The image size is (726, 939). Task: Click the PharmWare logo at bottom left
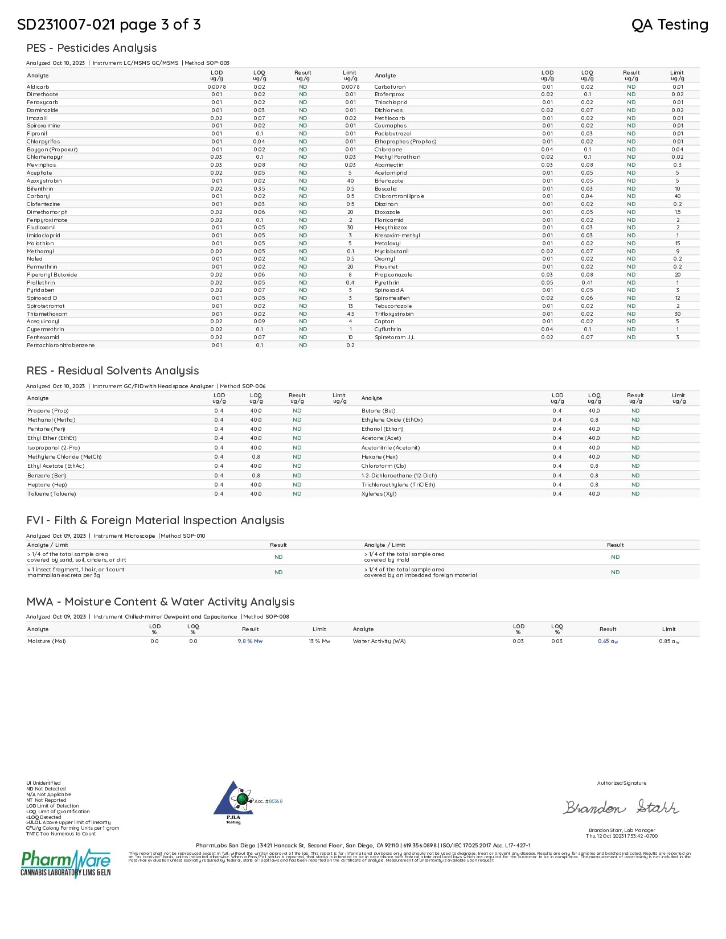coord(65,863)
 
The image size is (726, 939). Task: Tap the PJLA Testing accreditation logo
coord(233,801)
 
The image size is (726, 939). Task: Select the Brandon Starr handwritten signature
coord(621,808)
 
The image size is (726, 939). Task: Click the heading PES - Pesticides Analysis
coord(91,48)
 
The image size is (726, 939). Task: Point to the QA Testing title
coord(670,24)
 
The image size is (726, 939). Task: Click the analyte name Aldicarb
coord(38,87)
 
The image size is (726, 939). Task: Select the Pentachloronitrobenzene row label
coord(60,345)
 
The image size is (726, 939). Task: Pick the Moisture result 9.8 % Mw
coord(250,641)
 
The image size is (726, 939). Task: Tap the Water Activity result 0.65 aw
coord(608,641)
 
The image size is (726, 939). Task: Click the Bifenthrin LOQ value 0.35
coord(259,189)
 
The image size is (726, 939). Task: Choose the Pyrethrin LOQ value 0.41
coord(587,283)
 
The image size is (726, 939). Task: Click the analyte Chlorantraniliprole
coord(399,196)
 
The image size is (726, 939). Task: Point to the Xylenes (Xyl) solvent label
coord(379,494)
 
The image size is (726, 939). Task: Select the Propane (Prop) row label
coord(48,411)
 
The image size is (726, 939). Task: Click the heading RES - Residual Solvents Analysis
coord(112,370)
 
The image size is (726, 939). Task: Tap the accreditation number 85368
coord(276,801)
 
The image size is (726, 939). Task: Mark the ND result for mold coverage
coord(615,557)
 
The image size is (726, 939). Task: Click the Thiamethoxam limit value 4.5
coord(350,314)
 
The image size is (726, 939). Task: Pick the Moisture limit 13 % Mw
coord(319,641)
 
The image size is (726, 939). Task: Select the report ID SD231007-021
coord(65,24)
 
